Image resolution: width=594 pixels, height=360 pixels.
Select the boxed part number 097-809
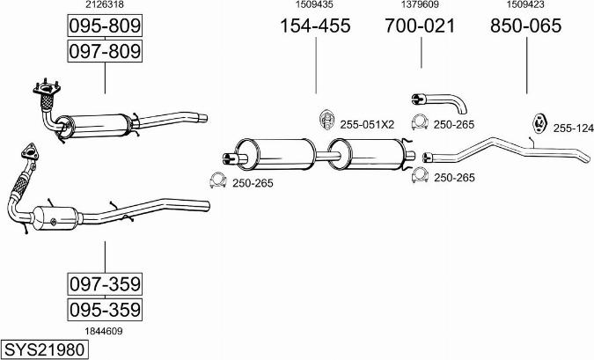(105, 52)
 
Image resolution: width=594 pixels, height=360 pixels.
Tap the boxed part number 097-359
(105, 284)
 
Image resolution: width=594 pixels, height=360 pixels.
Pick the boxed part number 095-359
(105, 310)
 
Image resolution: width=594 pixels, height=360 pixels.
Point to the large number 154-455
(315, 26)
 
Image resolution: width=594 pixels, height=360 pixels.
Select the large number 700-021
(420, 26)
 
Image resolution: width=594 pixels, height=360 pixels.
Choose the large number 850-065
(526, 26)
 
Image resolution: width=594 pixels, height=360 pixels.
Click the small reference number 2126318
(104, 5)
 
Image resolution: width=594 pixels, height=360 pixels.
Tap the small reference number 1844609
(104, 331)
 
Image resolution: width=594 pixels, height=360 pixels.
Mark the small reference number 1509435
(315, 5)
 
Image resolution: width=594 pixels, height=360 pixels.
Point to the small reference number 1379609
(420, 5)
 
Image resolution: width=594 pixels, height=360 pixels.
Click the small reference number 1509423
(526, 5)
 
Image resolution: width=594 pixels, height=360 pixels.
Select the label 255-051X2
(368, 124)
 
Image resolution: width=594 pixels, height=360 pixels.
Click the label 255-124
(573, 129)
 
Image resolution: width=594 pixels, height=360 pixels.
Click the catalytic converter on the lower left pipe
(55, 217)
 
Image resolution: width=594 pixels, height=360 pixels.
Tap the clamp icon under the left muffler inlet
(216, 181)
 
